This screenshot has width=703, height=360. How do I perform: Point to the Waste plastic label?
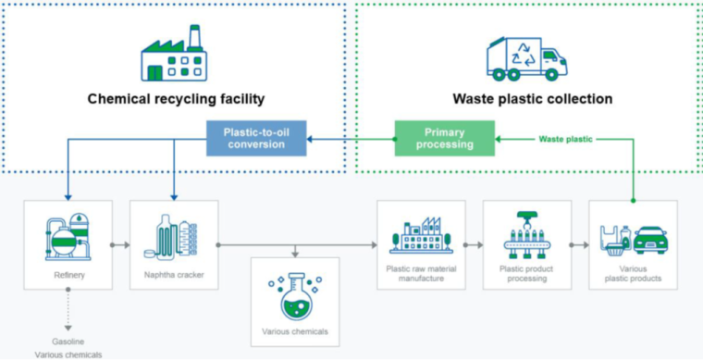pos(566,139)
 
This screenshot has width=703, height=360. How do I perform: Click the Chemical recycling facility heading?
pos(177,98)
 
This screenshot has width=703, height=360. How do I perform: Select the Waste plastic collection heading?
pos(532,98)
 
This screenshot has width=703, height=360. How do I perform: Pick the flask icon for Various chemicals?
pos(295,293)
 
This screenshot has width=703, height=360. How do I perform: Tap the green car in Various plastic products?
pos(650,240)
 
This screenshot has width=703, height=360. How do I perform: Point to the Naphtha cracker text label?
pos(174,275)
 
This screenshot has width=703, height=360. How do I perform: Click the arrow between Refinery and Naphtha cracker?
pos(119,246)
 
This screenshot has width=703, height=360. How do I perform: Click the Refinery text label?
pos(68,275)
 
